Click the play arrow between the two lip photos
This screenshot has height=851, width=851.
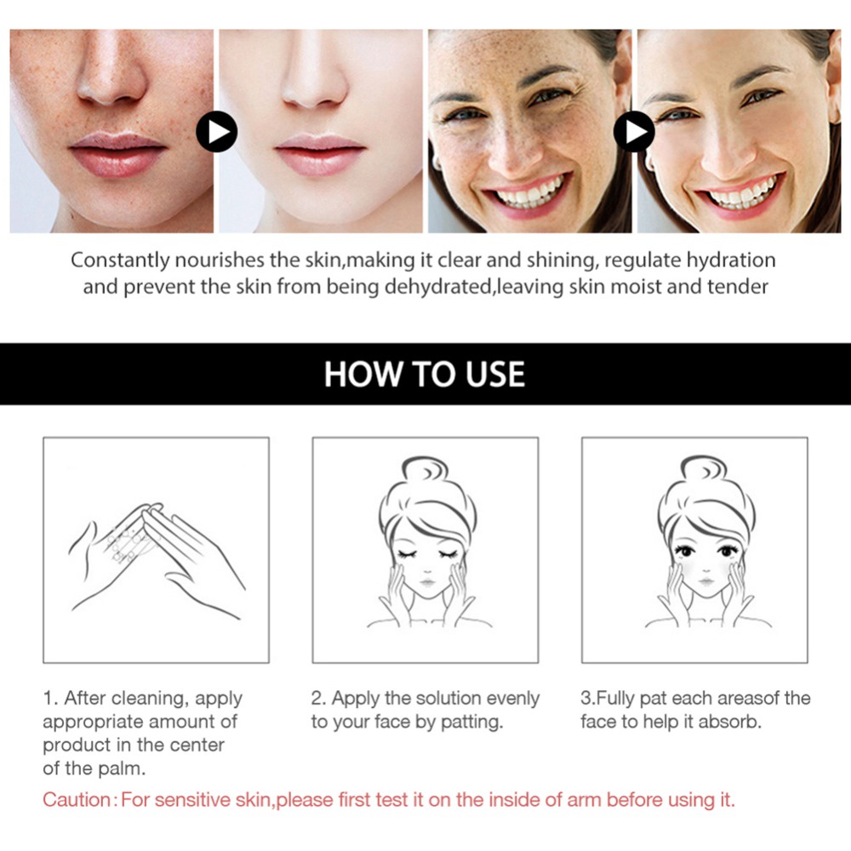[x=216, y=132]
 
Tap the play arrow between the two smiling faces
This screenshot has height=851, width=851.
[x=634, y=132]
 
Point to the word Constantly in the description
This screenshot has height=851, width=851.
[x=117, y=260]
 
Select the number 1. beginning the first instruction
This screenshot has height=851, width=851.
[x=50, y=699]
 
